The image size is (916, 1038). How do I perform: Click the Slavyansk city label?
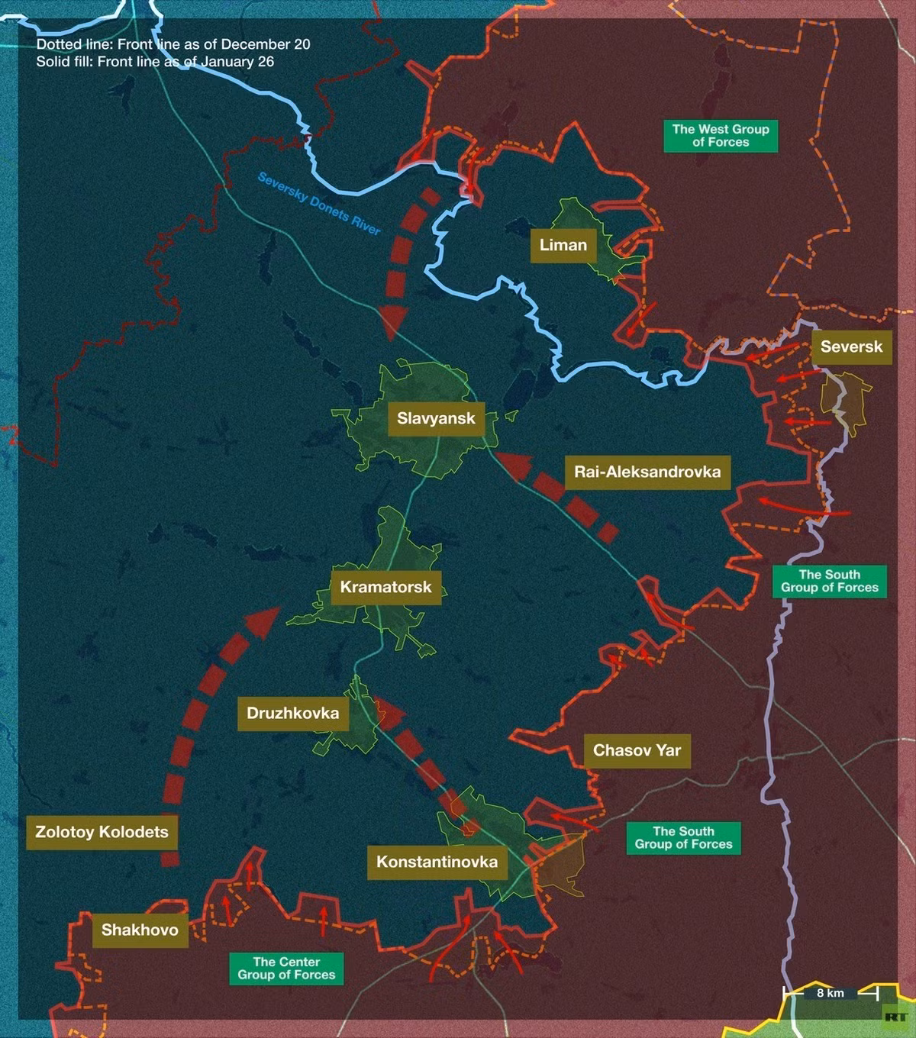pos(436,418)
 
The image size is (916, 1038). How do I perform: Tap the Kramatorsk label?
pos(385,587)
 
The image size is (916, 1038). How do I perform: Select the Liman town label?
pos(563,245)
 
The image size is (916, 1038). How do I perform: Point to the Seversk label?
pos(851,347)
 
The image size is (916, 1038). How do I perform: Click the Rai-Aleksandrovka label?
pos(647,472)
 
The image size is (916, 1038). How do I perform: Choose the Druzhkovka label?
pos(292,713)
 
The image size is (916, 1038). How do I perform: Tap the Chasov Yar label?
pos(637,750)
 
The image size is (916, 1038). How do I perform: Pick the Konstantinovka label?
pos(437,862)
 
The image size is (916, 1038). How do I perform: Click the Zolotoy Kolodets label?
pos(102,832)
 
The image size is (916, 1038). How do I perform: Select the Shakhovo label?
pos(140,930)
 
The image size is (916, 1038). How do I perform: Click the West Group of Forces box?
pos(721,135)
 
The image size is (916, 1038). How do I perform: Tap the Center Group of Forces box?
pos(286,968)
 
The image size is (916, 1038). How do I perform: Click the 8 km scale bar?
pos(831,993)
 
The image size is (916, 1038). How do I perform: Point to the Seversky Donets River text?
pos(319,204)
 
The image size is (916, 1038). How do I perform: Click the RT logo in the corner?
pos(895,1017)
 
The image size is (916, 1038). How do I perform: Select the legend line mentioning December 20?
pos(173,44)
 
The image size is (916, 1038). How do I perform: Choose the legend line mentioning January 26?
pos(155,62)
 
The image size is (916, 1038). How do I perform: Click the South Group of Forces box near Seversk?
pos(829,581)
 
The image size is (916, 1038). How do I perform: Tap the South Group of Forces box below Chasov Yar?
pos(683,837)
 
